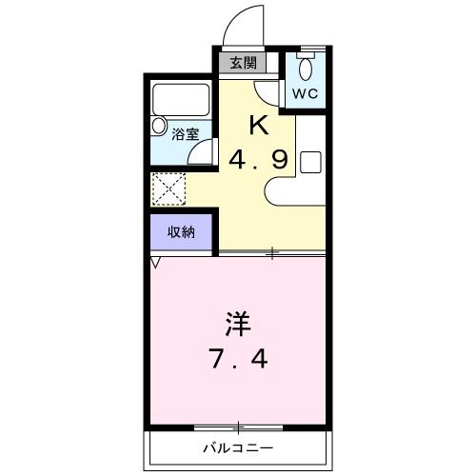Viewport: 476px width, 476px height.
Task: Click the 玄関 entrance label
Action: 243,64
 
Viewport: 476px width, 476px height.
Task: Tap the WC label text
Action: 305,93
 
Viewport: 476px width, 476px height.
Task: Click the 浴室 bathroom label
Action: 184,134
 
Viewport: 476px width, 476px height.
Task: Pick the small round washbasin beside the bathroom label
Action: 157,126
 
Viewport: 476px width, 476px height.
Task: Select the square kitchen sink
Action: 310,161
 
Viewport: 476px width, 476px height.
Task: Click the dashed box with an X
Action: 169,188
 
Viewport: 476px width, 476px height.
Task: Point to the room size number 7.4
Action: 238,361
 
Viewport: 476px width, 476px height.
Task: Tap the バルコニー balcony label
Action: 237,447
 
